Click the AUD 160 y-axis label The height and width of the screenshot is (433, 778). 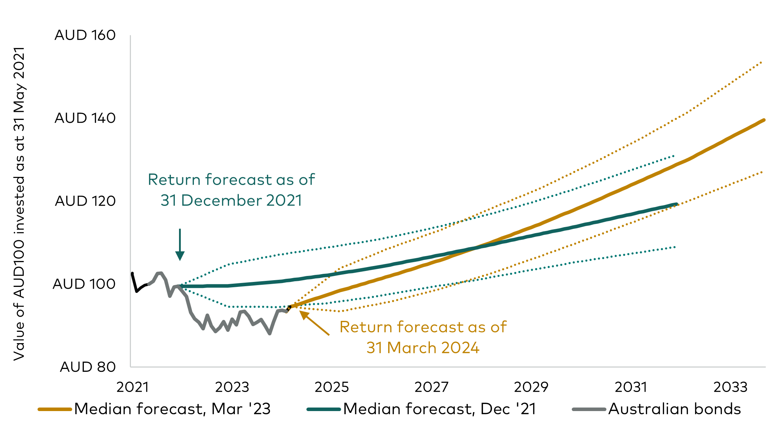point(85,35)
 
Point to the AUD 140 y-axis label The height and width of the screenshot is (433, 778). point(85,118)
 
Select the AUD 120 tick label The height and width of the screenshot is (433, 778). point(85,201)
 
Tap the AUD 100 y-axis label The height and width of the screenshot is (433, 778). point(84,284)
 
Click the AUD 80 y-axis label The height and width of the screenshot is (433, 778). point(88,367)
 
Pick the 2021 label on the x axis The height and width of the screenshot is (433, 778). point(132,387)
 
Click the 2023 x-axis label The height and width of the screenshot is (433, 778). point(232,387)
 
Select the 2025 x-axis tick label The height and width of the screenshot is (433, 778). point(332,387)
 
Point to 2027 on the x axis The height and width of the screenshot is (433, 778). point(432,387)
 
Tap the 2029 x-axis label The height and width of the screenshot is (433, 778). point(531,387)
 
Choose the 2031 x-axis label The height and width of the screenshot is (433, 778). point(631,387)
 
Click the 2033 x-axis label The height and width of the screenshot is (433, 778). point(731,387)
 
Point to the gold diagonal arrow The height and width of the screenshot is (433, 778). point(315,323)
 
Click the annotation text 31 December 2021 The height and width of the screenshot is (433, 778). point(231,201)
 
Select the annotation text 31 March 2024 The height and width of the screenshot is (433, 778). point(423,348)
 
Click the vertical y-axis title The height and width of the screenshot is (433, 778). point(19,203)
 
